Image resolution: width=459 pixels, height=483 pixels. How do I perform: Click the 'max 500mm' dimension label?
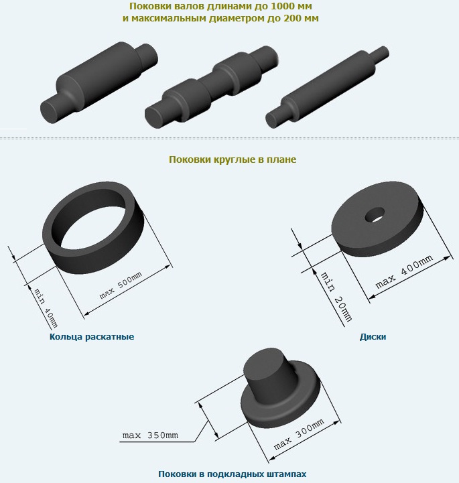(121, 285)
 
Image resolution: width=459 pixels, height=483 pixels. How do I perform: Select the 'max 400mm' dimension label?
(404, 271)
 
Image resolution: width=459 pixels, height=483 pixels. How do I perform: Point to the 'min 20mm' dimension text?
(336, 297)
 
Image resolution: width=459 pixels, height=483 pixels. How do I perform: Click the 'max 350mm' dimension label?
(150, 435)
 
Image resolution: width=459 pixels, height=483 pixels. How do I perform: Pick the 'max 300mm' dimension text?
(299, 433)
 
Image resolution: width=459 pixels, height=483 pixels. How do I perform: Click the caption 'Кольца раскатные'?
(92, 336)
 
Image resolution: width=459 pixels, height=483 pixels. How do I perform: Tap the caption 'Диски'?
(373, 336)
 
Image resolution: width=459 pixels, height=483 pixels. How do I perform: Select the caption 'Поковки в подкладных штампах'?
(233, 474)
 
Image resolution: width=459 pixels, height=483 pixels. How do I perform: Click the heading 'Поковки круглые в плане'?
(233, 159)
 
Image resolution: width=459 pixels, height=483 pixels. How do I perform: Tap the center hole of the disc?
(375, 214)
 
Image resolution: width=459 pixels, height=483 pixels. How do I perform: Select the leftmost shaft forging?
(99, 82)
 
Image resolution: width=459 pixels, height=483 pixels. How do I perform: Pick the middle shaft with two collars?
(211, 87)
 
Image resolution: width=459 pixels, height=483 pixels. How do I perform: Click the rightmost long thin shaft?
(327, 87)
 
